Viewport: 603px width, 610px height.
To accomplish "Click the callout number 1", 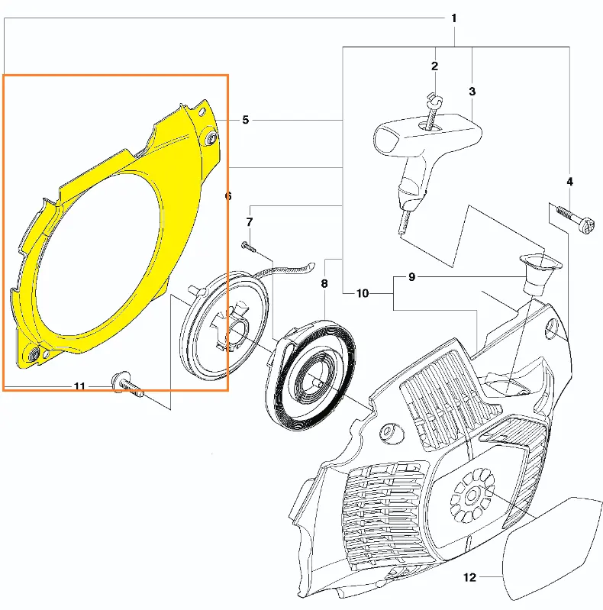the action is pyautogui.click(x=453, y=18).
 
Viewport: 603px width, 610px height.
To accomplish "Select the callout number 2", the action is pyautogui.click(x=434, y=66).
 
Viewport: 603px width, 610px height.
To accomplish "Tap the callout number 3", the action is pyautogui.click(x=472, y=92).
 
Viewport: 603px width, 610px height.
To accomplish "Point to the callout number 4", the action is pyautogui.click(x=569, y=181).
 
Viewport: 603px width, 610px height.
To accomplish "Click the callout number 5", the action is pyautogui.click(x=246, y=119).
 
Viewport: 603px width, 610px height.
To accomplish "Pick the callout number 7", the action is pyautogui.click(x=250, y=221).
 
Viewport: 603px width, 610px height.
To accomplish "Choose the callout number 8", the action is pyautogui.click(x=324, y=283).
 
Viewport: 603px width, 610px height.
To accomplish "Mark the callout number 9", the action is pyautogui.click(x=412, y=277).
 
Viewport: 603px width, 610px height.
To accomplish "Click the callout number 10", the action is pyautogui.click(x=363, y=293).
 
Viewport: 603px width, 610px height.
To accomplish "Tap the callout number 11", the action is pyautogui.click(x=79, y=386).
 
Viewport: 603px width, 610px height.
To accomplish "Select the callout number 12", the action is pyautogui.click(x=470, y=577).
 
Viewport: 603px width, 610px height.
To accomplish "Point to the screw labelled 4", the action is pyautogui.click(x=574, y=218).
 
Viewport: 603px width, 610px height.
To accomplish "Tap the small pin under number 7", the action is pyautogui.click(x=248, y=246).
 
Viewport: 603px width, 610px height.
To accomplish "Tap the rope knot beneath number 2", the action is pyautogui.click(x=434, y=98).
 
